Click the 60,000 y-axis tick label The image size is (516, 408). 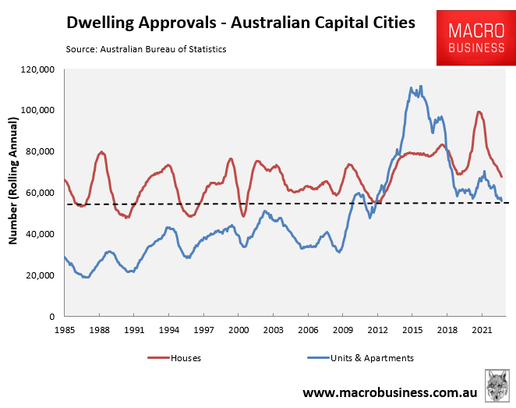(x=37, y=193)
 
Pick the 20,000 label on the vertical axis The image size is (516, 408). (x=37, y=275)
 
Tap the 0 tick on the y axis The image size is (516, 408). (x=49, y=317)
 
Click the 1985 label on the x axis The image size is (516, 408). (x=65, y=330)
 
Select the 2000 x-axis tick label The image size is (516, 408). (x=238, y=330)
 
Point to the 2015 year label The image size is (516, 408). (x=412, y=330)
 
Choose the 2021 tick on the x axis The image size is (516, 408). (x=482, y=330)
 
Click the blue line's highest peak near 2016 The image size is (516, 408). (x=421, y=87)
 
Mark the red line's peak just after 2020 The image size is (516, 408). (x=479, y=112)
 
